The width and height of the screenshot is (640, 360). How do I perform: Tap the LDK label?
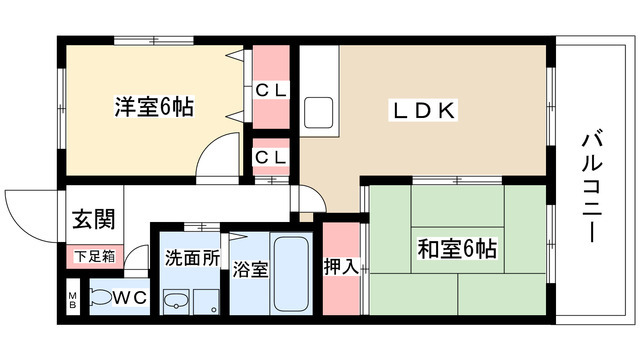420,111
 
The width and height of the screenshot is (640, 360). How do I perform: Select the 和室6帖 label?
458,247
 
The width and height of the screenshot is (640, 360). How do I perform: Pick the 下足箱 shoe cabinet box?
95,256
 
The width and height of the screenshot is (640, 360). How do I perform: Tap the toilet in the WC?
102,297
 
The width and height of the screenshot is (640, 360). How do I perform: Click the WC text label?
131,296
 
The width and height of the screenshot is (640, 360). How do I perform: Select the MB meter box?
73,300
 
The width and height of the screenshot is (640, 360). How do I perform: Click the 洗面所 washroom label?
191,257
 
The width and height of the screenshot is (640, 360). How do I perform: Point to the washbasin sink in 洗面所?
176,301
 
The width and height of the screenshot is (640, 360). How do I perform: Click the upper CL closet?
270,87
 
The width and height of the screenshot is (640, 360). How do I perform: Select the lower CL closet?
270,157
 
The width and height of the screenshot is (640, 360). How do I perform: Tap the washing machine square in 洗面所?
206,302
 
